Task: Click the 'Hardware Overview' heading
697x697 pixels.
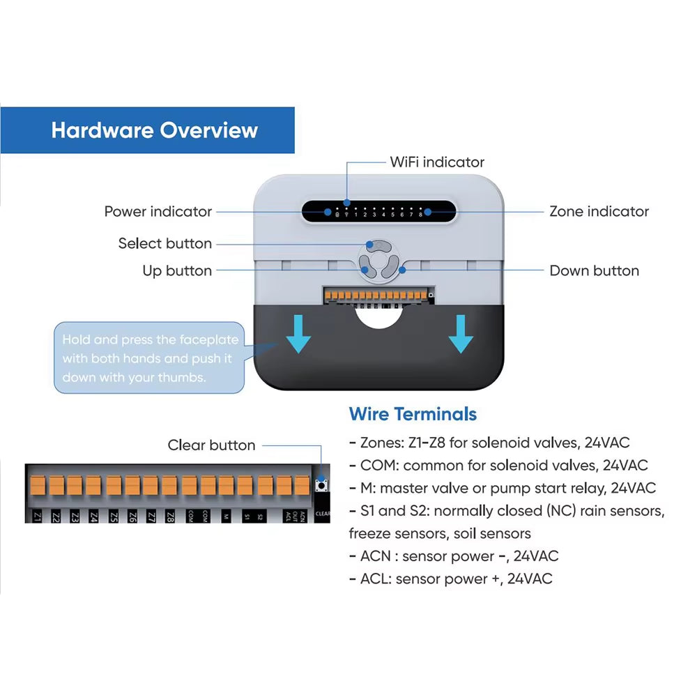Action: pyautogui.click(x=154, y=130)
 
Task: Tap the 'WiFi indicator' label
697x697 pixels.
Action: pyautogui.click(x=436, y=162)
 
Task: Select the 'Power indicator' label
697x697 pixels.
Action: pyautogui.click(x=158, y=211)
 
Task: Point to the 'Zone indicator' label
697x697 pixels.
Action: pyautogui.click(x=599, y=211)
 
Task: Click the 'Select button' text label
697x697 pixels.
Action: pyautogui.click(x=164, y=243)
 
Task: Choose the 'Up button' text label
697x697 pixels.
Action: pyautogui.click(x=177, y=270)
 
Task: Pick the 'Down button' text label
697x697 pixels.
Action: pyautogui.click(x=594, y=270)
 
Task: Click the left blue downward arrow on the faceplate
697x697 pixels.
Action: pyautogui.click(x=298, y=333)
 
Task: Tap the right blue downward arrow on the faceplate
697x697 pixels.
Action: pyautogui.click(x=461, y=333)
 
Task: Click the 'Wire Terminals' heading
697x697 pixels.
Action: pyautogui.click(x=413, y=414)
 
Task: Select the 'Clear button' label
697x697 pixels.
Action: pyautogui.click(x=211, y=445)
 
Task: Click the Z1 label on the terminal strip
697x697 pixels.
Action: pyautogui.click(x=38, y=516)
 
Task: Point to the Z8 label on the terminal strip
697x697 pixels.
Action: pyautogui.click(x=169, y=516)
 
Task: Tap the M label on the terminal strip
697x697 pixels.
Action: pyautogui.click(x=226, y=516)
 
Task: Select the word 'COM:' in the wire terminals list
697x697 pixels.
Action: pyautogui.click(x=380, y=465)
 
